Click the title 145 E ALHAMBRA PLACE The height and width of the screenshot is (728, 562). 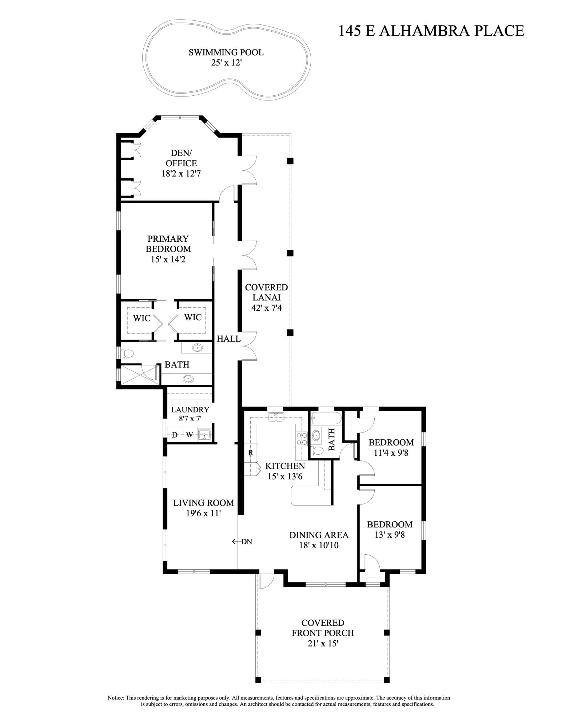(x=431, y=31)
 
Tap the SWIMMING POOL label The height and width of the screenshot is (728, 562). (x=226, y=52)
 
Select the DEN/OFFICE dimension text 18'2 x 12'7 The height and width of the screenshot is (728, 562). (x=181, y=174)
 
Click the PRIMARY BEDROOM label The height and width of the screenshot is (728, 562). (x=168, y=244)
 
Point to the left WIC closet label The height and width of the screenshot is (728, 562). (x=142, y=318)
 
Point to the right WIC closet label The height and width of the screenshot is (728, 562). (x=193, y=317)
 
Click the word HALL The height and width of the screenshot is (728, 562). (x=228, y=339)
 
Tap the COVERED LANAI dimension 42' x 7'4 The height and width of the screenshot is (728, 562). (x=266, y=308)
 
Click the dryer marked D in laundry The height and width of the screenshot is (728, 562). (x=175, y=435)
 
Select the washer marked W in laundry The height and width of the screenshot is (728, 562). (x=190, y=435)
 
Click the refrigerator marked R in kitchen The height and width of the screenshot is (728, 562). (x=251, y=453)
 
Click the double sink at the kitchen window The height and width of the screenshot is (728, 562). (x=276, y=418)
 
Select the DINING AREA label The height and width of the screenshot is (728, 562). (x=319, y=535)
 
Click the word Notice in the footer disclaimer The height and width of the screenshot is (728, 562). (x=116, y=698)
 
